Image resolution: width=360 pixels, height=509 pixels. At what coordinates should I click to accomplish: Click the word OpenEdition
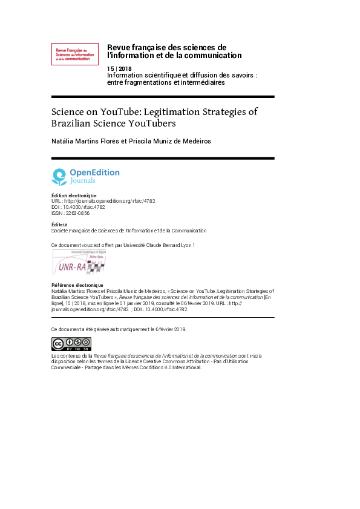(x=94, y=172)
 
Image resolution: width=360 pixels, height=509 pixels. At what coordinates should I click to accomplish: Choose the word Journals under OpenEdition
(x=83, y=180)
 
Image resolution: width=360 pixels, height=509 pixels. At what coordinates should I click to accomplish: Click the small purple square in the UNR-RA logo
(x=90, y=261)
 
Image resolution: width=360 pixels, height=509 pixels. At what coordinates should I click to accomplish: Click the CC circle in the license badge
(x=58, y=343)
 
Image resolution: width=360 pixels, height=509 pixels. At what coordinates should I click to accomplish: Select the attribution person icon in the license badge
(x=70, y=341)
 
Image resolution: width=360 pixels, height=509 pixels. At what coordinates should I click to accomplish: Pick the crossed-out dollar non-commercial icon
(x=78, y=341)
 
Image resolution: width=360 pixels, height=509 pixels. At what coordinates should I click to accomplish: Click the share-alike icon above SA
(x=87, y=341)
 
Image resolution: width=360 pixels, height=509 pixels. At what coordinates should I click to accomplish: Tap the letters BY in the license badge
(x=70, y=349)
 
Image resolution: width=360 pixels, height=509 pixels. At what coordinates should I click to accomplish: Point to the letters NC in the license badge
(x=78, y=349)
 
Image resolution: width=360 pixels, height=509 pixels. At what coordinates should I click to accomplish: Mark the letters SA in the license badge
(x=87, y=349)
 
